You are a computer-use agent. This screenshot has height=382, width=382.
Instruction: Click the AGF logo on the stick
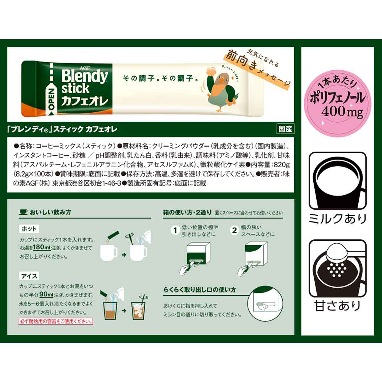84,68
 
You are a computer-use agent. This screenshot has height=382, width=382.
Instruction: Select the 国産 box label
285,129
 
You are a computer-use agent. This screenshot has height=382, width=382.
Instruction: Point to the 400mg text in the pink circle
342,112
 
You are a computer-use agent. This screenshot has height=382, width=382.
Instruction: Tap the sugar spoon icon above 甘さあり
337,268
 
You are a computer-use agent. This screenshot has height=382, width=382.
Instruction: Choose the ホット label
29,229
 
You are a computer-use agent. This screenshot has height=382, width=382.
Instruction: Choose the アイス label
29,276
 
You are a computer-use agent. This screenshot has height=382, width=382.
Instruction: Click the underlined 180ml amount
42,247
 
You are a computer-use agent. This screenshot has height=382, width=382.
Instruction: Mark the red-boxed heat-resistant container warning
56,321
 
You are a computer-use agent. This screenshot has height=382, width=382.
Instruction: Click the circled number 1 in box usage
175,230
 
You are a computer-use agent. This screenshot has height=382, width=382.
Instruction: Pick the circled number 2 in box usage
235,230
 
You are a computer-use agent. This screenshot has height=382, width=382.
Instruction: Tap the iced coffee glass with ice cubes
139,310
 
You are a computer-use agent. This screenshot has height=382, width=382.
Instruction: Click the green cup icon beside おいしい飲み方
23,212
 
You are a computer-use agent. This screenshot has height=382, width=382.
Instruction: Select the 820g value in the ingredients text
282,165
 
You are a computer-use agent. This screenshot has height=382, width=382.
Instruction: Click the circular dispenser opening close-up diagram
265,303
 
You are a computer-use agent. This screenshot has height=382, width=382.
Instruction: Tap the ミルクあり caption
337,219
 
